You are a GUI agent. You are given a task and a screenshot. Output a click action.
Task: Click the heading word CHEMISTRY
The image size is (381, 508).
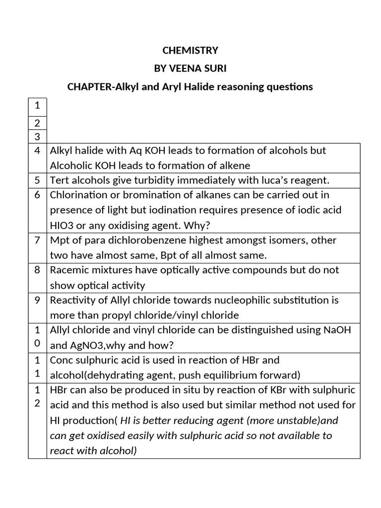point(190,50)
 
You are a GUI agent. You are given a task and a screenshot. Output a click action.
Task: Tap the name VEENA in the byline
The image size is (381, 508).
point(183,68)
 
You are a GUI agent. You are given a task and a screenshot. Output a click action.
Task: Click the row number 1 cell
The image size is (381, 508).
point(37,105)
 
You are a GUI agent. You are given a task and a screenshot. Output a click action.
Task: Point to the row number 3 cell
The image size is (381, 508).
point(37,136)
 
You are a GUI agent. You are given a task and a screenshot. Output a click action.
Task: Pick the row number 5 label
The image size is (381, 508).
point(37,180)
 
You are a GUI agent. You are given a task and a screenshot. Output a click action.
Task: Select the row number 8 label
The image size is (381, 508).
point(37,270)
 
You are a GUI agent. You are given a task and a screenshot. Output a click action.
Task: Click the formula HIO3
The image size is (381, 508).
point(62,225)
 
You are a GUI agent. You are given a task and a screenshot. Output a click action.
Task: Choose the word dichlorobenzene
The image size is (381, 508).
point(168,240)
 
